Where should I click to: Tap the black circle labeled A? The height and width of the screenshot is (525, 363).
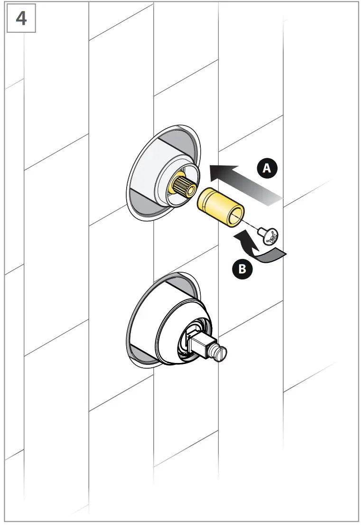coord(267,168)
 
